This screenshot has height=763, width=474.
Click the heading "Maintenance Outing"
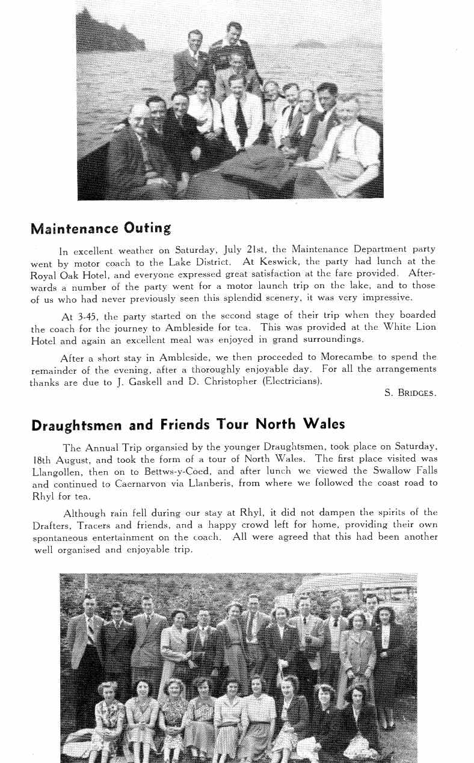(100, 229)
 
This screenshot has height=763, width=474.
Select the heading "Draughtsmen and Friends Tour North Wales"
(188, 425)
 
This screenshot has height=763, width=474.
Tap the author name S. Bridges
(410, 393)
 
